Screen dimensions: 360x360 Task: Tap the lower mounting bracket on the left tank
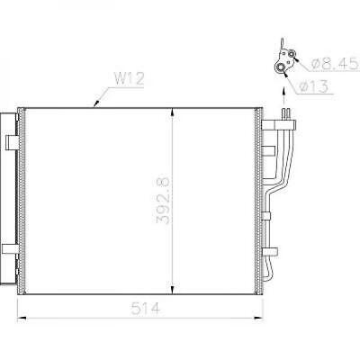[9, 249]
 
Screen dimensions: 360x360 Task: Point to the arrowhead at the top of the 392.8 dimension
[172, 110]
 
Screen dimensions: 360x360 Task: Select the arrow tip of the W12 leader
[94, 105]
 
